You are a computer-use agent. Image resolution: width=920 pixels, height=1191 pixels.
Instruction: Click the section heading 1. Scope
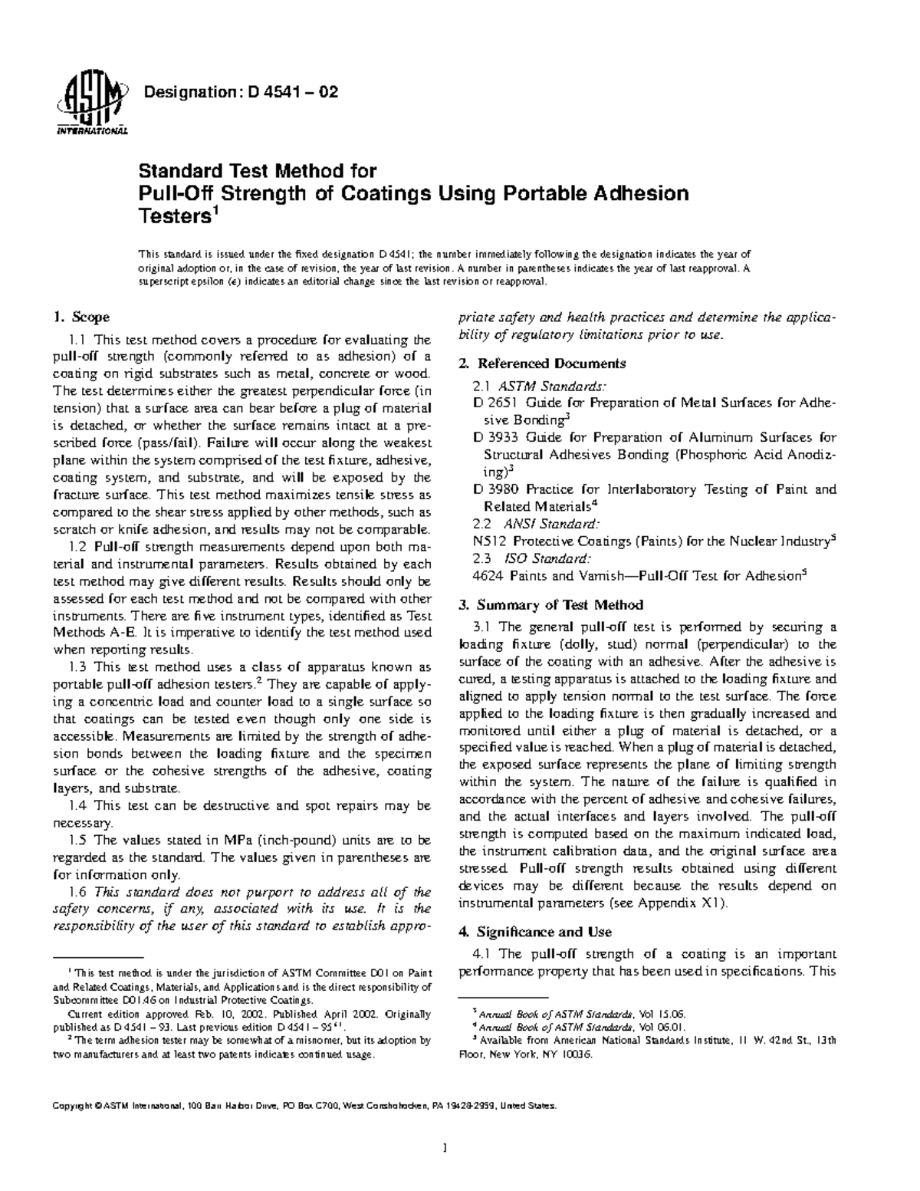tap(80, 317)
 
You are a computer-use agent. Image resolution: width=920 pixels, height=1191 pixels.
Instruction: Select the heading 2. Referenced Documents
tap(541, 364)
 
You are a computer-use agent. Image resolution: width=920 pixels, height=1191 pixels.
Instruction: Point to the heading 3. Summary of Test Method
tap(550, 605)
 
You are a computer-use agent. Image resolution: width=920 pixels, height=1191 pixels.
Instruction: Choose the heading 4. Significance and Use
tap(534, 932)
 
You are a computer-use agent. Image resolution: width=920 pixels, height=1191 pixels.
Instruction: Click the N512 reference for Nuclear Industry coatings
tap(489, 541)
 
